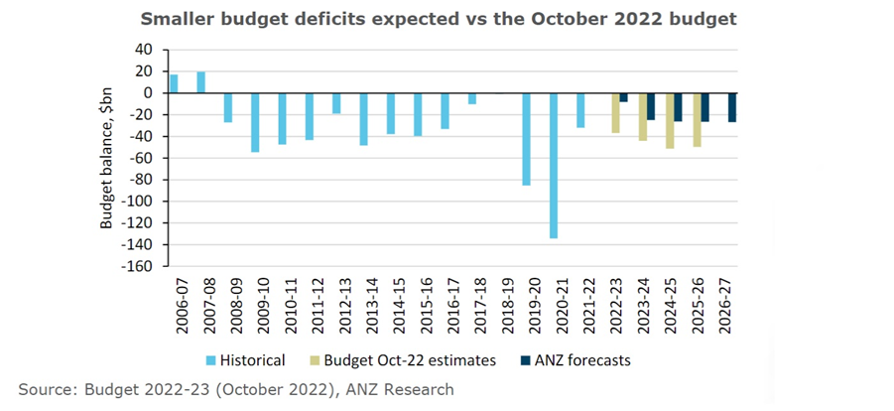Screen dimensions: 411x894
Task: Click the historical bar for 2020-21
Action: tap(554, 165)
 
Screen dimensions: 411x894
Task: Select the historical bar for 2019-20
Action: tap(526, 139)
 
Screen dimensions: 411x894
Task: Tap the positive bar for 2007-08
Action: tap(200, 82)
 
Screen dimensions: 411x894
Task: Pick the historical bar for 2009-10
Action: tap(255, 122)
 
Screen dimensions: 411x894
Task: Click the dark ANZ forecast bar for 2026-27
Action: tap(732, 107)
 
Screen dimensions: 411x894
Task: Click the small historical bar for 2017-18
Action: tap(472, 98)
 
